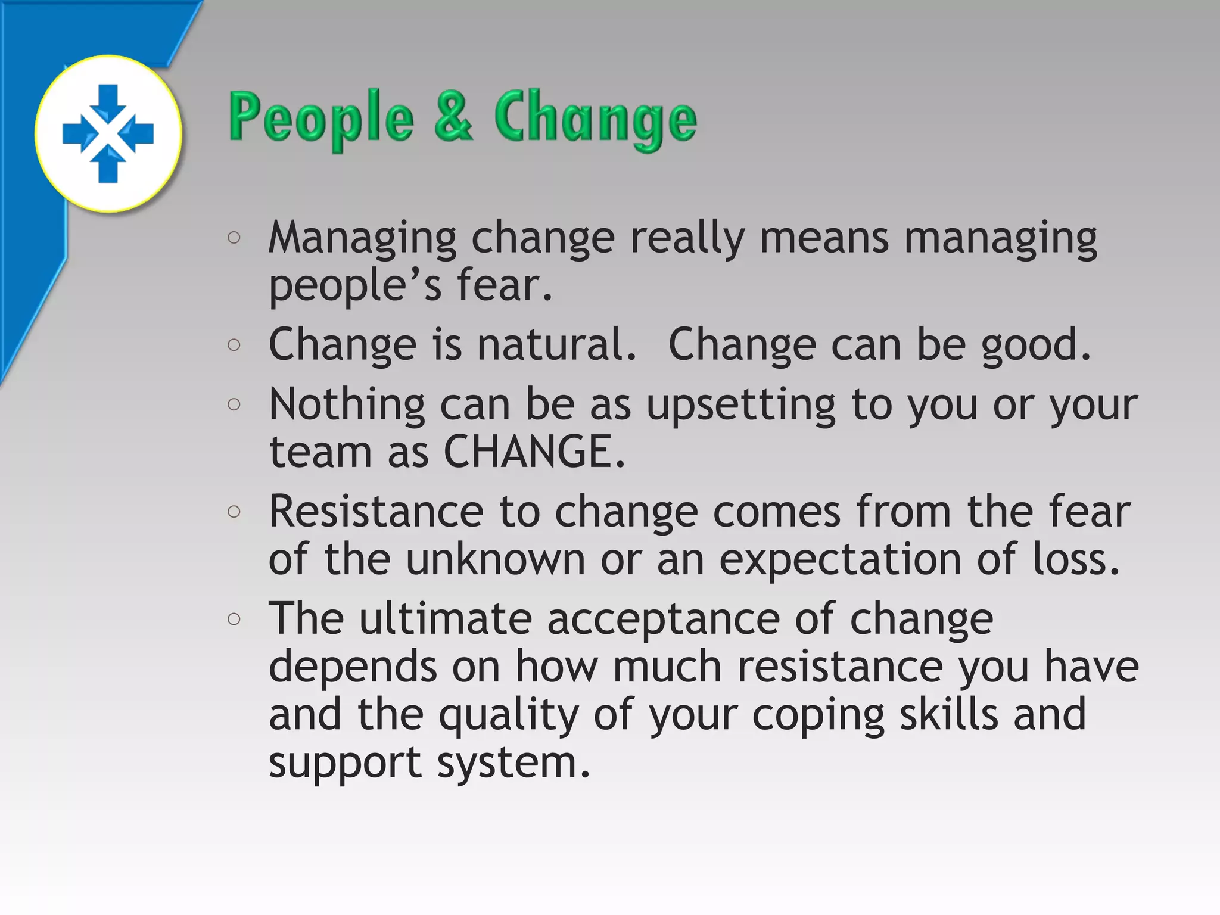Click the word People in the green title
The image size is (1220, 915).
(x=321, y=117)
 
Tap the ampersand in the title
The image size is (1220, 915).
(x=454, y=116)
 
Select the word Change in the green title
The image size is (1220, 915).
(x=595, y=117)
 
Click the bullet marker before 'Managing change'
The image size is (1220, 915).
(x=234, y=238)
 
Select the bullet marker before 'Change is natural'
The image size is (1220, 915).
(x=234, y=345)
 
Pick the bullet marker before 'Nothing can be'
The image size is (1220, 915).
(x=234, y=404)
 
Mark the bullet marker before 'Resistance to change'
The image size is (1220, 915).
(x=234, y=512)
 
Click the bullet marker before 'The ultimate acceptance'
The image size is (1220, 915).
(x=234, y=619)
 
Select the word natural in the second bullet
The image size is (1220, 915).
(x=556, y=344)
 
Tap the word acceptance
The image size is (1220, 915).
(x=663, y=620)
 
